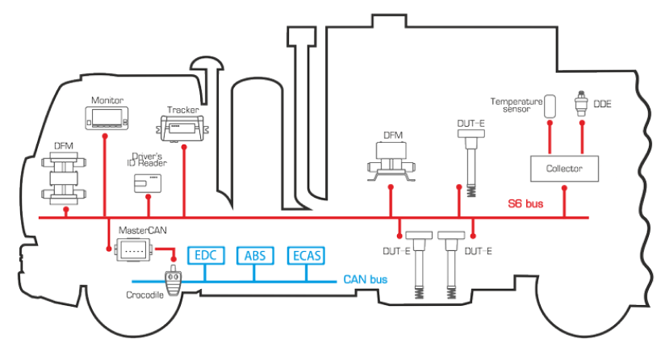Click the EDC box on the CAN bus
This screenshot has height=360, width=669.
(x=206, y=256)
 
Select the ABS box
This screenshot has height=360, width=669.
(x=255, y=256)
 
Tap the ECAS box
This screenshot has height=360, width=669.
(x=307, y=256)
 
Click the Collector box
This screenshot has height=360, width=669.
(x=564, y=169)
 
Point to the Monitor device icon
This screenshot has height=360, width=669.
(x=107, y=118)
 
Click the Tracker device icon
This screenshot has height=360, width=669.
(x=182, y=128)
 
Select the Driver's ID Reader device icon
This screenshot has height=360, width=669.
(x=148, y=184)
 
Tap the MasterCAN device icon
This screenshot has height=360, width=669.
(x=133, y=250)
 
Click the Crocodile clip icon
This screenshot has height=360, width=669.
(x=174, y=281)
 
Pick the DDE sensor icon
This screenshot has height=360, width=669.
(x=581, y=103)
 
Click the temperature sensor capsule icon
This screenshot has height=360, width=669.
(x=550, y=107)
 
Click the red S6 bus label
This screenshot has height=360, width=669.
(x=525, y=204)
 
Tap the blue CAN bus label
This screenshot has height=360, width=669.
(x=366, y=279)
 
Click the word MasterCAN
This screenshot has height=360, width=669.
(x=143, y=230)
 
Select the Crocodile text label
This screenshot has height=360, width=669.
(x=144, y=295)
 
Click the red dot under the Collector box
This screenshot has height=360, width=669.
(x=564, y=188)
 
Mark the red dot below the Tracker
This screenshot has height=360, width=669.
(x=184, y=147)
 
